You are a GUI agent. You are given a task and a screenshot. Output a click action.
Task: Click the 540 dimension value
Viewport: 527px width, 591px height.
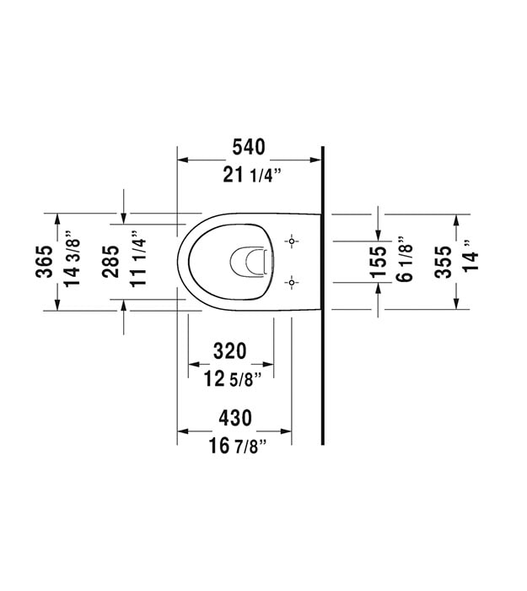click(249, 147)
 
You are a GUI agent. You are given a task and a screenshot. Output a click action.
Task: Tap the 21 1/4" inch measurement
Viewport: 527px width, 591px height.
click(252, 176)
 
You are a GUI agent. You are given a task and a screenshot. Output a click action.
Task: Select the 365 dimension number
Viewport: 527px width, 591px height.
click(45, 262)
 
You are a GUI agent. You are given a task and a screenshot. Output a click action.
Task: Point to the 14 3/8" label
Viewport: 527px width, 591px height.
click(72, 258)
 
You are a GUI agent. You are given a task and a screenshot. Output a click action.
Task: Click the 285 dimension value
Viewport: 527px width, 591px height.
click(110, 262)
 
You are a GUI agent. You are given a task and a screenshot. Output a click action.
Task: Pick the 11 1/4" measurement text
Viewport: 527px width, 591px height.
click(137, 259)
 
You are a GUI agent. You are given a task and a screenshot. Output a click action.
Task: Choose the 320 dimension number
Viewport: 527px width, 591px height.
click(230, 351)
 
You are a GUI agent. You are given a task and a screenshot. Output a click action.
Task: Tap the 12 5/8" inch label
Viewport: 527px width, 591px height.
click(233, 379)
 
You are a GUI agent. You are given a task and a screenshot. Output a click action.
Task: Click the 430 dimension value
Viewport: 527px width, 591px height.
click(235, 418)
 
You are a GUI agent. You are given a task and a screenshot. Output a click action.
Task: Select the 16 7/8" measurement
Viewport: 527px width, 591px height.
click(238, 447)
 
